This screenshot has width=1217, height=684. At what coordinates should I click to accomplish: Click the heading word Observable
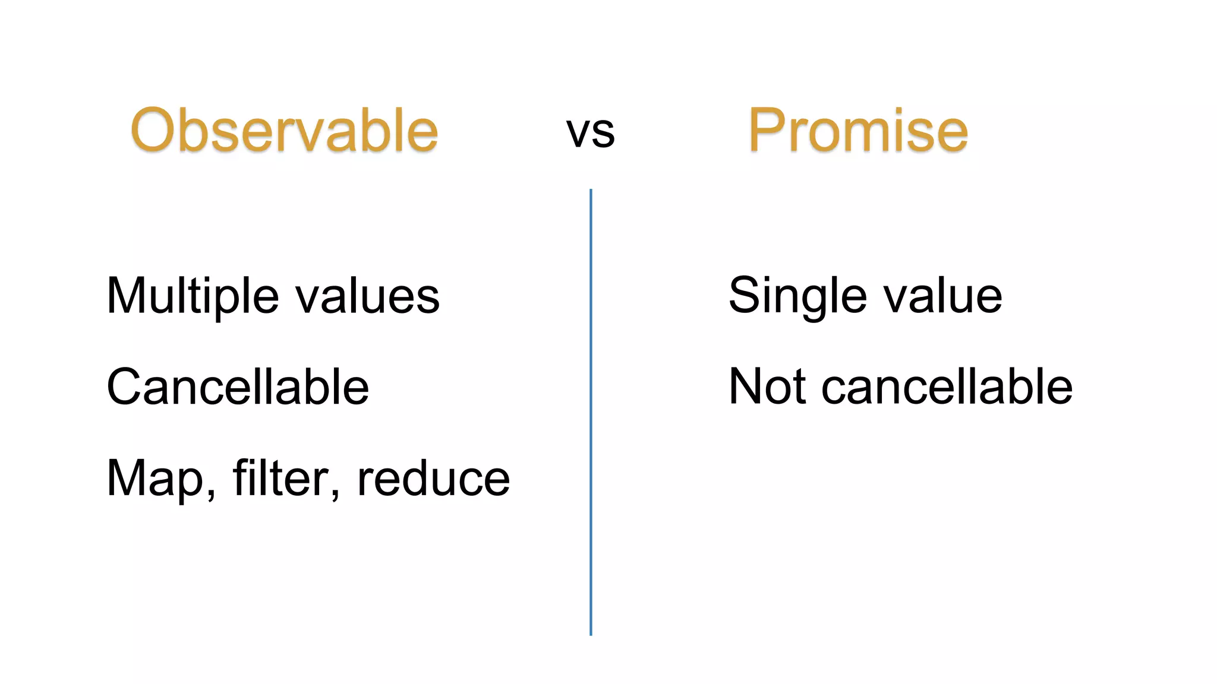(284, 130)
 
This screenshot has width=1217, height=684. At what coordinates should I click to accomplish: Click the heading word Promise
(858, 130)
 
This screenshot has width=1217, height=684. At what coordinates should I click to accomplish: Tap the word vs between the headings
(590, 132)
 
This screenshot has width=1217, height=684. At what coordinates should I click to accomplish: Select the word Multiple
(192, 296)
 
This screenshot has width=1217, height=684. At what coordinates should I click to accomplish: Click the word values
(368, 296)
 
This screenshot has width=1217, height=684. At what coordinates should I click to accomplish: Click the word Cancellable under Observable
(238, 387)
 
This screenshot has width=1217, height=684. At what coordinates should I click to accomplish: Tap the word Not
(767, 387)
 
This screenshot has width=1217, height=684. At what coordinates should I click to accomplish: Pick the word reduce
(433, 479)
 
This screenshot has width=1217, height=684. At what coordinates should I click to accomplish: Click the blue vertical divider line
(591, 416)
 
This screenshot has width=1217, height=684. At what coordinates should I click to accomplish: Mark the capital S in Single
(747, 296)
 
